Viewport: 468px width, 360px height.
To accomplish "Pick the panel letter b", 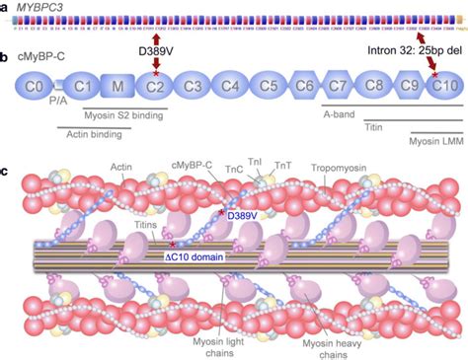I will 6,57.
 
